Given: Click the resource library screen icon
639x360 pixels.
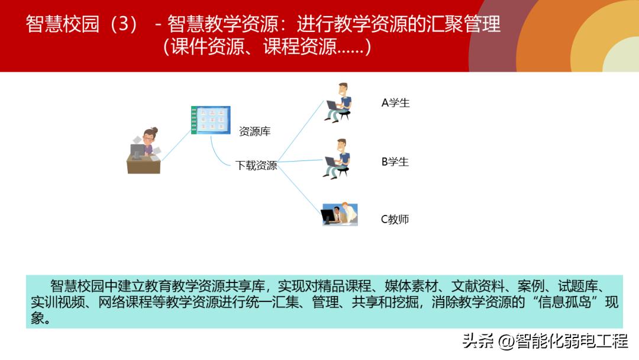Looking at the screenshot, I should (211, 120).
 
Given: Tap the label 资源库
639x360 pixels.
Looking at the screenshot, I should (254, 131).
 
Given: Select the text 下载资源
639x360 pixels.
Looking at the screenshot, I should (256, 166).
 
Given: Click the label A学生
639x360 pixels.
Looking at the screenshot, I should (395, 103).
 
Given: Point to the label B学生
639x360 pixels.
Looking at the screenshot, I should (395, 162).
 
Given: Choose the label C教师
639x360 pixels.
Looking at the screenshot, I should (395, 219).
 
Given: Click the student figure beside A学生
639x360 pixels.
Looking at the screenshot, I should (339, 102).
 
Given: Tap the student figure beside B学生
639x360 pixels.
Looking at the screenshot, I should (338, 159).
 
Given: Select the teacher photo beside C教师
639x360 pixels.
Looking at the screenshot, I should (340, 214).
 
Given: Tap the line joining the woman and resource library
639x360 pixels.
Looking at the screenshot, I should (176, 145).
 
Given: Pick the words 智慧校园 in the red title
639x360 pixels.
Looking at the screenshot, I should (63, 24).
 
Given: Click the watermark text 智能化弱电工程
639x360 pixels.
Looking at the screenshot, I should (571, 342).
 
